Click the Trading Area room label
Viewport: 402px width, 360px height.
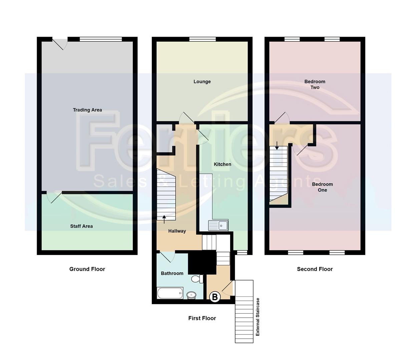87,110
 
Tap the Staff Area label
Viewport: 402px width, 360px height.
81,226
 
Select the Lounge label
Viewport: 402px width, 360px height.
202,82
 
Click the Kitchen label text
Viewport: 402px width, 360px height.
223,164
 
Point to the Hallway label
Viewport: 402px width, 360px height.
177,231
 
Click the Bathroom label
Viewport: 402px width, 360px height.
172,273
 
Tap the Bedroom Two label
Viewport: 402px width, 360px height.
315,84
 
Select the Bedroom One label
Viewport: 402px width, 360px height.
323,187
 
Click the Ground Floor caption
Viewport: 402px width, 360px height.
87,269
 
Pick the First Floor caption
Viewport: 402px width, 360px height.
202,318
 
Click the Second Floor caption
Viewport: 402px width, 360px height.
315,269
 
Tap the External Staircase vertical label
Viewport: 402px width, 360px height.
258,317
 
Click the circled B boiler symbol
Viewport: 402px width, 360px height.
215,297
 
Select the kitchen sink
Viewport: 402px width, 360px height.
218,226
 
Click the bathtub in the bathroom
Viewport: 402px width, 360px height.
170,293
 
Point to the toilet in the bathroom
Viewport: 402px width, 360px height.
198,279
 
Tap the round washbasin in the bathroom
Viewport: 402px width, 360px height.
191,295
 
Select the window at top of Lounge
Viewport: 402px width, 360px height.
203,39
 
